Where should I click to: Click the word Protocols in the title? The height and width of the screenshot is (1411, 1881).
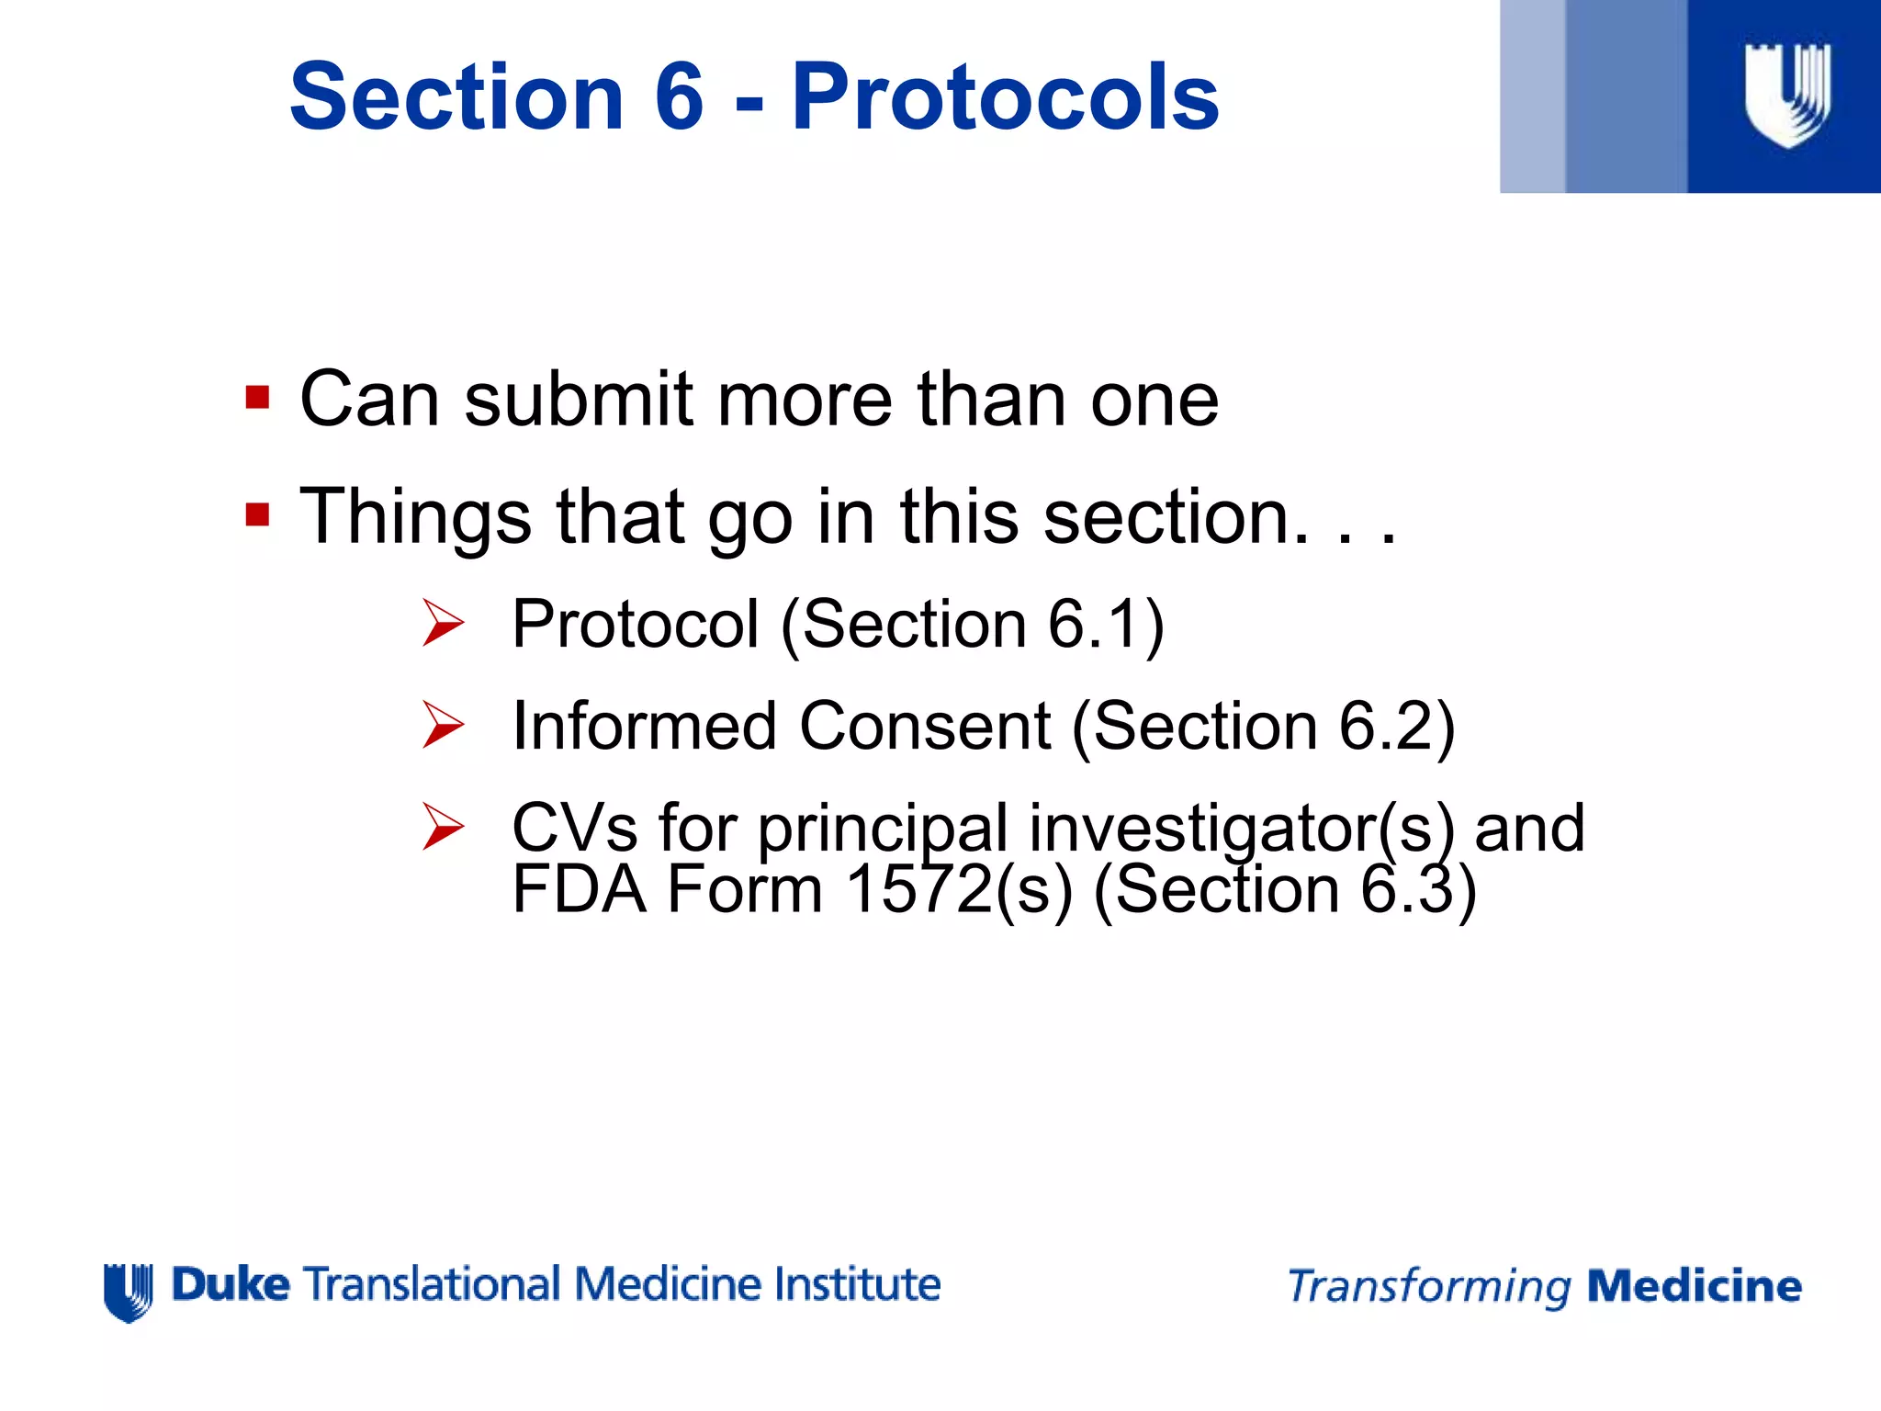pos(1005,97)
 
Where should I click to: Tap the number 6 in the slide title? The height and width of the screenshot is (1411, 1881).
pos(679,97)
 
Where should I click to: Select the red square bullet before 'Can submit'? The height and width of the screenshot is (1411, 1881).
pos(257,399)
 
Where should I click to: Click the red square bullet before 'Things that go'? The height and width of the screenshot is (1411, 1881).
pos(257,515)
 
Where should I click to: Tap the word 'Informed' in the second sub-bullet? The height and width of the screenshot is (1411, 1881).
pos(644,727)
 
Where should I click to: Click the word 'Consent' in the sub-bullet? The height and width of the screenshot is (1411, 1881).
pos(924,727)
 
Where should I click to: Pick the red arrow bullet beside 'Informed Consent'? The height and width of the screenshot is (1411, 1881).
pos(444,725)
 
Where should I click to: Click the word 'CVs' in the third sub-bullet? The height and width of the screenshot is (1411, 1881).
pos(574,829)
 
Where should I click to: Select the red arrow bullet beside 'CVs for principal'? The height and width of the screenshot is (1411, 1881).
pos(444,826)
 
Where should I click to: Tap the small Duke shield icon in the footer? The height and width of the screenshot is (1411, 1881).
pos(129,1292)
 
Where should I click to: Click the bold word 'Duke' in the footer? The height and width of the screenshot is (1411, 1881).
pos(231,1284)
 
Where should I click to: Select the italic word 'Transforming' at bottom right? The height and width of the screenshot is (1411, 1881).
pos(1429,1287)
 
